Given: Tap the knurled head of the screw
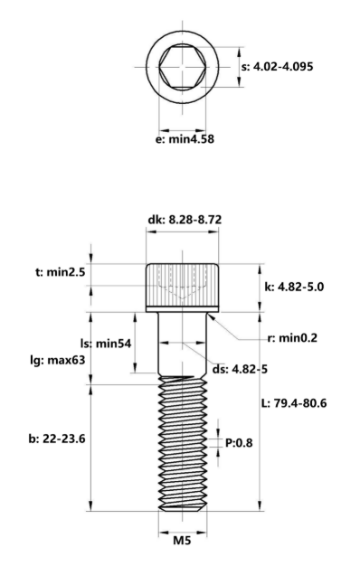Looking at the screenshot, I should tap(184, 285).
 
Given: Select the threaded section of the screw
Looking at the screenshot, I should tap(184, 443).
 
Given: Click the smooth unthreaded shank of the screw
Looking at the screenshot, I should tap(184, 348).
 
